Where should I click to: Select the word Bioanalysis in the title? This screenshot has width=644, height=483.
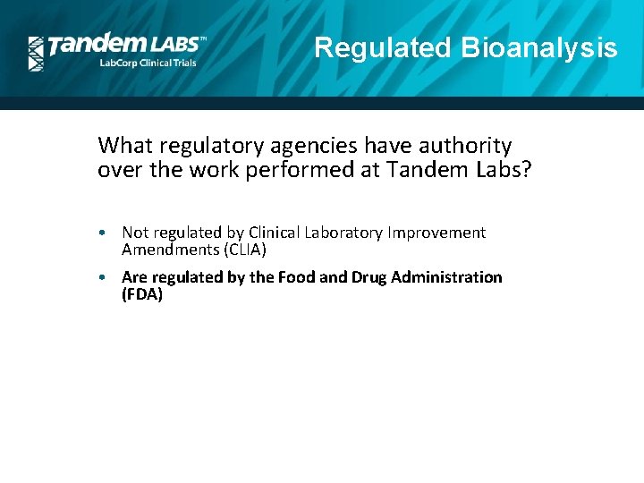pos(538,47)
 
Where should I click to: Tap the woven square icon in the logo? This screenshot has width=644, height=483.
pos(36,54)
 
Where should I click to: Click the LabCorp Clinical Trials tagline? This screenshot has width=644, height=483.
pos(148,64)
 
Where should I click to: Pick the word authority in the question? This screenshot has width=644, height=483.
pos(462,145)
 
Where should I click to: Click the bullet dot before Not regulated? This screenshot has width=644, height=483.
pos(105,233)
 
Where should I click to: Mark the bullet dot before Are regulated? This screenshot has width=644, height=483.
pos(105,278)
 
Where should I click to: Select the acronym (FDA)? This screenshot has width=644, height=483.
pos(142,294)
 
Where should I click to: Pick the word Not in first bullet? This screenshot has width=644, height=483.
pos(134,233)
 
